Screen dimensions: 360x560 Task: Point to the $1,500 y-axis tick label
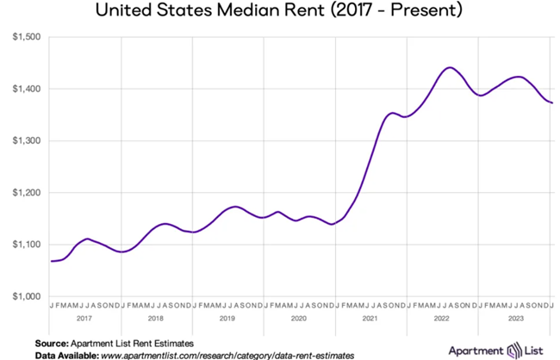[26, 37]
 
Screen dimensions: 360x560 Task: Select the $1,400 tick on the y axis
[26, 89]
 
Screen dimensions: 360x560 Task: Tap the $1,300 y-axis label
[26, 140]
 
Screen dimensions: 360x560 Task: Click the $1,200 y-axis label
[26, 192]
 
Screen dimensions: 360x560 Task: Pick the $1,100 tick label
[26, 245]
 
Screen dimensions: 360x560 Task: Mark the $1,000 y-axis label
[26, 296]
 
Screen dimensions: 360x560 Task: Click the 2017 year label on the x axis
[84, 319]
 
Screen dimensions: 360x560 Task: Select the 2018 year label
[156, 319]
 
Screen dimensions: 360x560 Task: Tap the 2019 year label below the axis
[227, 319]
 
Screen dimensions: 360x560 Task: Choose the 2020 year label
[299, 319]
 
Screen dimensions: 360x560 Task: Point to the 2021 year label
[370, 319]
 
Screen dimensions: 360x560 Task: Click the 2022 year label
[442, 319]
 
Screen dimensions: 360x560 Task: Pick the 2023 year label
[513, 319]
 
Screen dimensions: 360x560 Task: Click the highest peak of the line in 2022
[450, 67]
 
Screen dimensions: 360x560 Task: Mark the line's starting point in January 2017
[52, 261]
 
